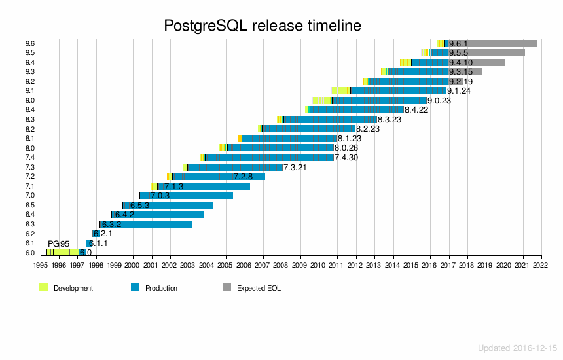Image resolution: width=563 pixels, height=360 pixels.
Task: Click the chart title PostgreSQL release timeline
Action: (x=263, y=26)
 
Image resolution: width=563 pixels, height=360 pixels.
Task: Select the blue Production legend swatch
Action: (x=136, y=287)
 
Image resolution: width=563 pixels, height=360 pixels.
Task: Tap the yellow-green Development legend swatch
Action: (x=44, y=287)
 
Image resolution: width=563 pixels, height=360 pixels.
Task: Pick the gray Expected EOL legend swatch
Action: (x=227, y=287)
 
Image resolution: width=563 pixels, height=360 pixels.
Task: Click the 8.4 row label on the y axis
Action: (x=30, y=110)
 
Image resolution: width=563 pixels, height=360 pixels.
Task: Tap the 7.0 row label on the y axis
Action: (x=30, y=196)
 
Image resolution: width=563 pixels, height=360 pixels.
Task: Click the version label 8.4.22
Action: (x=416, y=110)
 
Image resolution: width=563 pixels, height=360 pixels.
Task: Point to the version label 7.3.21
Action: (x=295, y=167)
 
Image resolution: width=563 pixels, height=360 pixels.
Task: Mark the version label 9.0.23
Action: (x=439, y=101)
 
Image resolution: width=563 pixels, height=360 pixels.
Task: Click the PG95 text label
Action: (x=58, y=244)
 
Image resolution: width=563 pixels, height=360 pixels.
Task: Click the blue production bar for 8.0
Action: (x=281, y=148)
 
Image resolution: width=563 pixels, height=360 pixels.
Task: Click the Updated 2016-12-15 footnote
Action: (x=517, y=348)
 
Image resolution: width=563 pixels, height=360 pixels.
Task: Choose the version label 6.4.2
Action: (x=124, y=215)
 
